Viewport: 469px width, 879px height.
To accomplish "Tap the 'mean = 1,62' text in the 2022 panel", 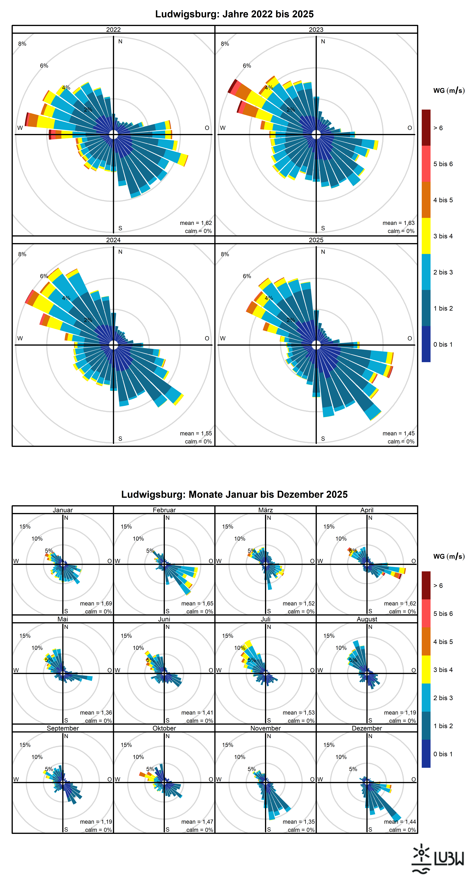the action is [x=196, y=223].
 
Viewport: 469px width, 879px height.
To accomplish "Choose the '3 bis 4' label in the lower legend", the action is [x=443, y=670].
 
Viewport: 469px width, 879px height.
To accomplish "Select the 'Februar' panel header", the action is [x=164, y=510].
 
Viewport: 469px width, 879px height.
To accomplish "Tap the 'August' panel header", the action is [x=367, y=619].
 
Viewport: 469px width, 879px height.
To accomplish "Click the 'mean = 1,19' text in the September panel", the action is [x=96, y=822].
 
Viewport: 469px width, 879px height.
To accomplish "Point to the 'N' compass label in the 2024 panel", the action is [x=120, y=252].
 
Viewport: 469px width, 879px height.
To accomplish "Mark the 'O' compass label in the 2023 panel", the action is [x=410, y=128].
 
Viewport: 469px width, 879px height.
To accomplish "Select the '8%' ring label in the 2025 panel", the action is [x=225, y=254].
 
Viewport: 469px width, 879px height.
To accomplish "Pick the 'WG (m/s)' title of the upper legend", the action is [x=449, y=90].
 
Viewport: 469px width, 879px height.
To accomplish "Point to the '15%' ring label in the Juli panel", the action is [x=228, y=636].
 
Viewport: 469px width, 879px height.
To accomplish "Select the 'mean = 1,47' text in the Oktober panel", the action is [x=197, y=822].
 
